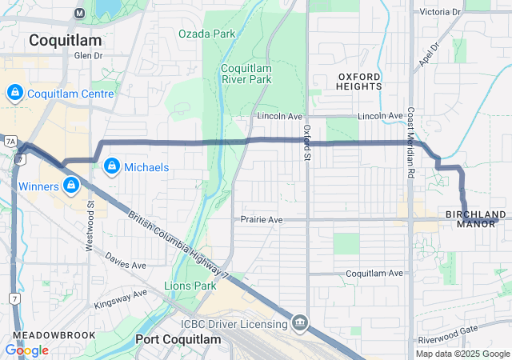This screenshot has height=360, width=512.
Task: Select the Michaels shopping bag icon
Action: click(111, 166)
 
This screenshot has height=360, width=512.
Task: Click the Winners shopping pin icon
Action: click(71, 186)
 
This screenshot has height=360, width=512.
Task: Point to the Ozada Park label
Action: click(207, 34)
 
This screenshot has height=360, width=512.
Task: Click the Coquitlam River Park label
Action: click(246, 74)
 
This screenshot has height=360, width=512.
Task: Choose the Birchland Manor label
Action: click(476, 218)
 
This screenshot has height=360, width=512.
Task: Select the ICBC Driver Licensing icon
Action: click(300, 323)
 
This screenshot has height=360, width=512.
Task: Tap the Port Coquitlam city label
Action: click(178, 340)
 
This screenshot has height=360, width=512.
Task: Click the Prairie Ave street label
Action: click(262, 219)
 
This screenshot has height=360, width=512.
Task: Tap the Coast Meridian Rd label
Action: click(410, 142)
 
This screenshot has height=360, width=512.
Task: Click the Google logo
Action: click(26, 350)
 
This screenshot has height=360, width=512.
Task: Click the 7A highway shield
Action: click(10, 141)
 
